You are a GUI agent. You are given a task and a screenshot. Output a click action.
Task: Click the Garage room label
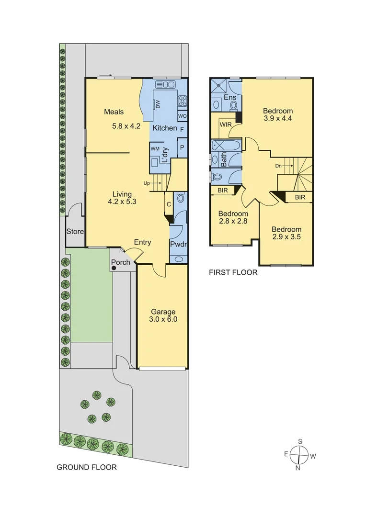tap(164, 312)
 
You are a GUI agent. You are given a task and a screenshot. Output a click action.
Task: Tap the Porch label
tap(120, 262)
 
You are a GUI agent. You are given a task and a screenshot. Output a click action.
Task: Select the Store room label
tap(75, 232)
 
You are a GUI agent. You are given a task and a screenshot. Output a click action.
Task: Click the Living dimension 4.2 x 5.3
tap(122, 202)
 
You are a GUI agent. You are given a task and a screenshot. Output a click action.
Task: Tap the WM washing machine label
tap(155, 149)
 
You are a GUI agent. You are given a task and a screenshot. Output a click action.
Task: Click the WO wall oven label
tap(182, 116)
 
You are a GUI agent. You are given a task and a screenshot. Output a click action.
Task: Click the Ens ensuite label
tap(230, 98)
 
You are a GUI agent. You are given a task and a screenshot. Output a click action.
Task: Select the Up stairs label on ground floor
tap(147, 183)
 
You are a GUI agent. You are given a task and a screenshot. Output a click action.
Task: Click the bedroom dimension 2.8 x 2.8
tap(233, 221)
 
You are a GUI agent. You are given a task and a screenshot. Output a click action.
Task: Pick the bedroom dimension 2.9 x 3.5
tap(286, 237)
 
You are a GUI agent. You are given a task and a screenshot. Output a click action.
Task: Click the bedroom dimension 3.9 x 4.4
tap(278, 119)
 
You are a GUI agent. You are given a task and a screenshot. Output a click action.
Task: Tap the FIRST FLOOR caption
tap(233, 273)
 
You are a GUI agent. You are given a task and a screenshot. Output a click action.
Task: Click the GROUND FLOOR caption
tap(87, 467)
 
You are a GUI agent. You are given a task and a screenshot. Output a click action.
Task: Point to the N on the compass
tap(297, 468)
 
